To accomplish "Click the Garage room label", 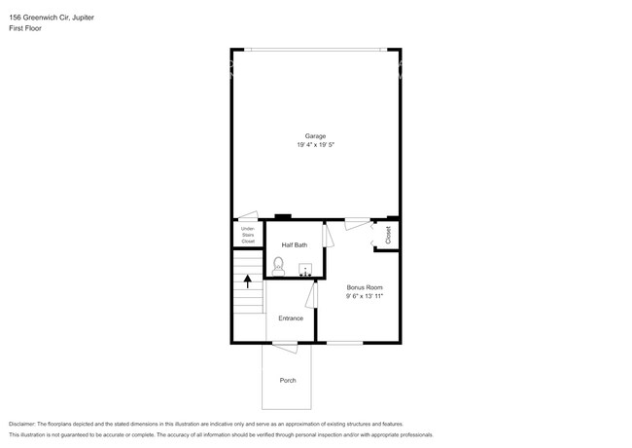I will (x=315, y=135).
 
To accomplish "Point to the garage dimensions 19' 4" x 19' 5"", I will (x=315, y=145).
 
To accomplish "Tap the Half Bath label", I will (x=295, y=244).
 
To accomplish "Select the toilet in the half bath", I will (x=279, y=267).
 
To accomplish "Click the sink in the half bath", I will (x=305, y=270).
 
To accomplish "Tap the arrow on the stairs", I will (x=248, y=282).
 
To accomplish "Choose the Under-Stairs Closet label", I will (x=248, y=235).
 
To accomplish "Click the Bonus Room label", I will (x=365, y=287).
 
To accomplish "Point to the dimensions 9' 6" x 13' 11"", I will (x=365, y=296).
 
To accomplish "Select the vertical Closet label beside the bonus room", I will (x=388, y=235).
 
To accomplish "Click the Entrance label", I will (x=291, y=317).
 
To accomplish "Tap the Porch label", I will (x=288, y=380).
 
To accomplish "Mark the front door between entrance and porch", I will (x=285, y=343).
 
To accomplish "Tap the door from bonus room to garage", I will (x=359, y=223).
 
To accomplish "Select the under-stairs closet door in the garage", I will (x=246, y=217).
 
